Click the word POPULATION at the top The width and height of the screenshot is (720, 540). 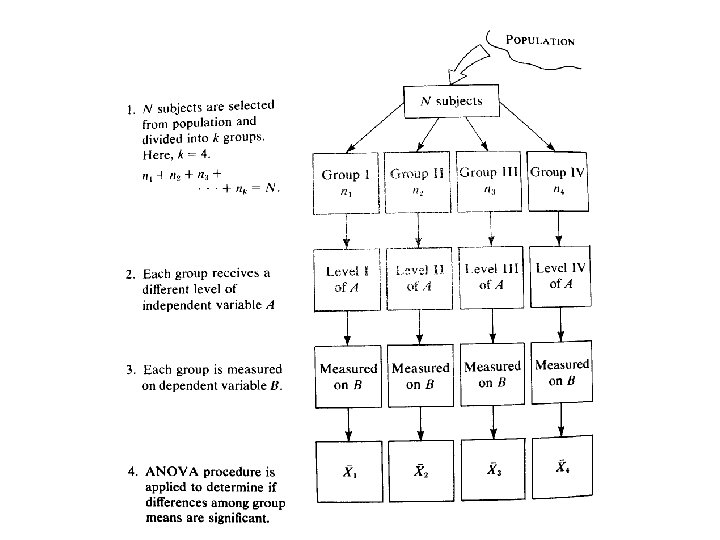point(540,42)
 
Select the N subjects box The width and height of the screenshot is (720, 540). point(450,101)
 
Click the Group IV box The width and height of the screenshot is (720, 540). point(558,180)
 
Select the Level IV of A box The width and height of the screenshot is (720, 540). point(561,276)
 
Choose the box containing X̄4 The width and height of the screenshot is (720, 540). point(561,466)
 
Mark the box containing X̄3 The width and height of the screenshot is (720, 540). point(491,468)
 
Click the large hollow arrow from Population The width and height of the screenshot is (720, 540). point(466,68)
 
